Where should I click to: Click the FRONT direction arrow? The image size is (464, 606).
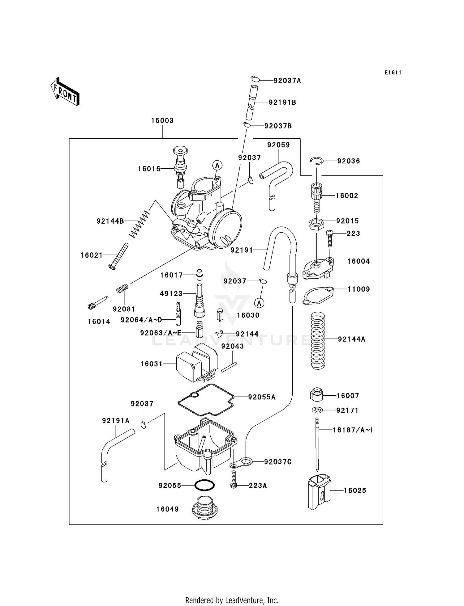coord(65,92)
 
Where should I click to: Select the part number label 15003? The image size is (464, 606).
coord(162,120)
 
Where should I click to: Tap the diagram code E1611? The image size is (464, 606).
coord(393,73)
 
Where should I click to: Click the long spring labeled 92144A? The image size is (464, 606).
coord(318,340)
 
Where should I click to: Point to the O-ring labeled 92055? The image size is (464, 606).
coord(204,485)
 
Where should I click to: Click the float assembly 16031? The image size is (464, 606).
coord(197,363)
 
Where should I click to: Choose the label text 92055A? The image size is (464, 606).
coord(262,397)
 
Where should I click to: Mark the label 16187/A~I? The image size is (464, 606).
coord(353,430)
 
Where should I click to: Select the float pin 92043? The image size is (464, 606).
coord(229,367)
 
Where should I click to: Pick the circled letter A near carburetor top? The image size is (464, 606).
coord(217,165)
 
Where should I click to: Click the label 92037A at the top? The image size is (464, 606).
coord(287,81)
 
